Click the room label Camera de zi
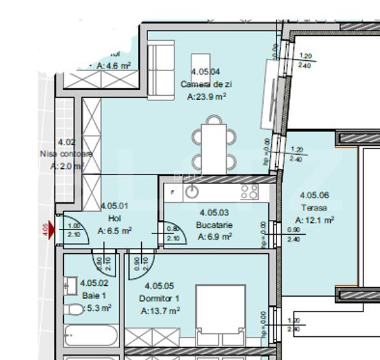205,84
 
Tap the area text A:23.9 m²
207,97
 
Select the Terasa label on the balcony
314,208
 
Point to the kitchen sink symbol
192,191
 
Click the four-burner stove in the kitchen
249,191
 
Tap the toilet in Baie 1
75,309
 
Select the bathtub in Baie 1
91,336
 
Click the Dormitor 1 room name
160,299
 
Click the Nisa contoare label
66,154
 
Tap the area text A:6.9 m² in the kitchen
214,237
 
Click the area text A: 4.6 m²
110,65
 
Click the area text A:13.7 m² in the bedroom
160,311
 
